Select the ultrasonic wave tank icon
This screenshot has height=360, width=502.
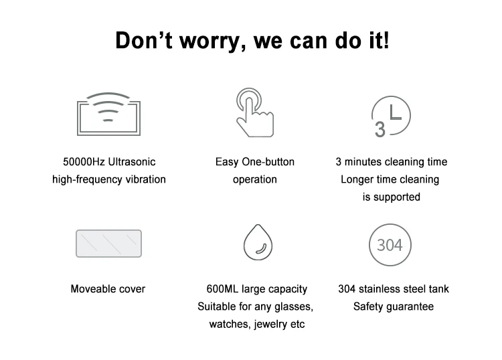tap(108, 115)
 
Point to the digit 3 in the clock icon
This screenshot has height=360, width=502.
tap(380, 128)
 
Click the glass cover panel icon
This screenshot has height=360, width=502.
tap(108, 244)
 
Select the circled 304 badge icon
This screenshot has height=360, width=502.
tap(390, 244)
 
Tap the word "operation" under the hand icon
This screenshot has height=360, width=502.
tap(254, 179)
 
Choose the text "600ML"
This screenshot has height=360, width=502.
tap(221, 289)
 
